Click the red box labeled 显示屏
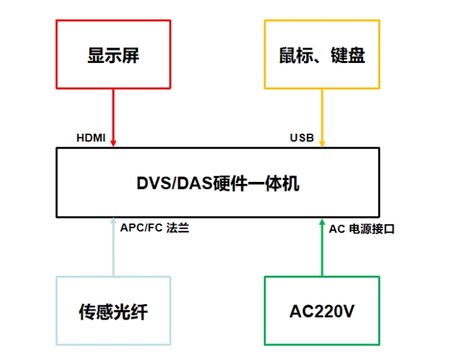tap(113, 54)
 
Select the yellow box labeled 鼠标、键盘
tap(322, 54)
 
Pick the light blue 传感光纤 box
tap(113, 312)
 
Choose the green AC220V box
tap(322, 312)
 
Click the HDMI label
tap(91, 138)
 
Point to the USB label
tap(301, 138)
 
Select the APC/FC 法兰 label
tap(154, 228)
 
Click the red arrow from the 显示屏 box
tap(113, 116)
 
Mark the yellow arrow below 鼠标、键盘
tap(322, 116)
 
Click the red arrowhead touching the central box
tap(113, 143)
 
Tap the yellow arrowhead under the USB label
tap(322, 143)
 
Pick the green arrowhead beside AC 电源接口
tap(322, 222)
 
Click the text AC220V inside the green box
tap(322, 312)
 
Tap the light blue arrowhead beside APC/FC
tap(113, 222)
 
